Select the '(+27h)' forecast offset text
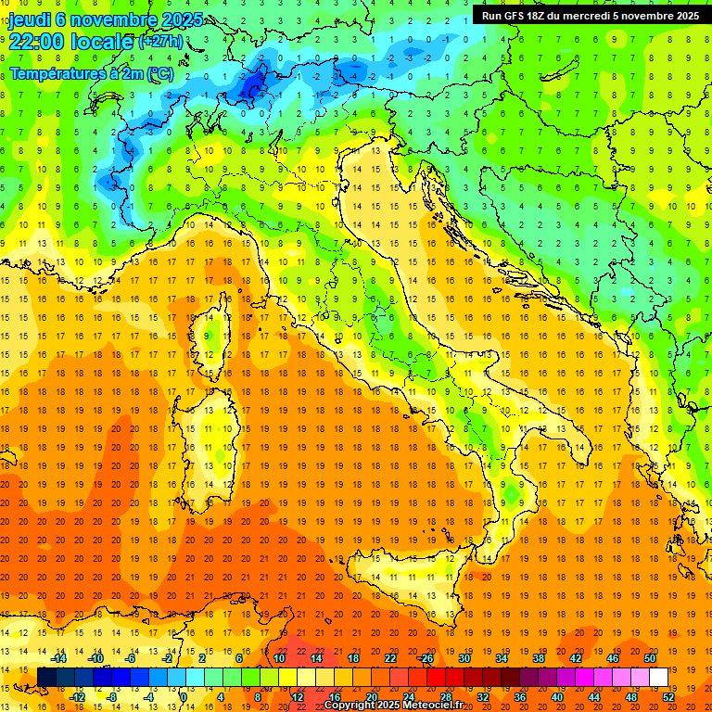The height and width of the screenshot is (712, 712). coord(160,42)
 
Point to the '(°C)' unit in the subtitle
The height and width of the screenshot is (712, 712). coord(160,73)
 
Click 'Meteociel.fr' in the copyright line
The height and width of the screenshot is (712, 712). coord(434,706)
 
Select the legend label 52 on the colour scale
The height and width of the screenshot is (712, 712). coord(668,697)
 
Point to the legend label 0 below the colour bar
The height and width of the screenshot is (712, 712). coord(184,697)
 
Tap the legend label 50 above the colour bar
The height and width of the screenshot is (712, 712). coord(650,658)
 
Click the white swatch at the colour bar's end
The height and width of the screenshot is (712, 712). coord(659,678)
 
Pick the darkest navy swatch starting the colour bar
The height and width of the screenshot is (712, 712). coord(46,678)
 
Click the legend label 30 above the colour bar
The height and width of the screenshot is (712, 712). coord(464,658)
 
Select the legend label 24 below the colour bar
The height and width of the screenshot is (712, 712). coord(408,697)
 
